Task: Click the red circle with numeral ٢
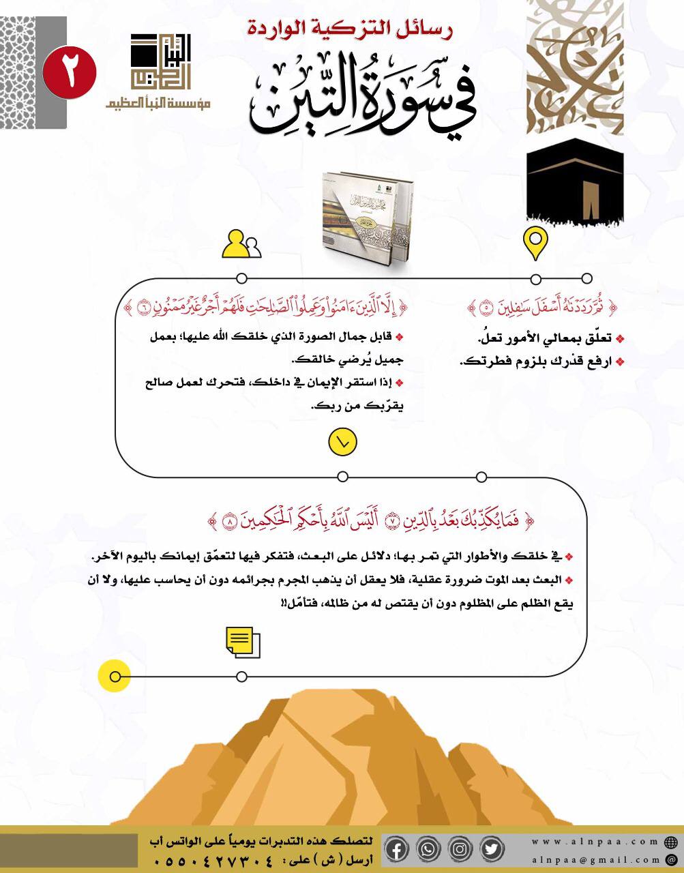(70, 72)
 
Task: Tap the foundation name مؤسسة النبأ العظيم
(158, 103)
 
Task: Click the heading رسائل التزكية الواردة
(349, 29)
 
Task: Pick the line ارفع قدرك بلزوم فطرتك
(542, 361)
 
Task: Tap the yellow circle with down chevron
(342, 442)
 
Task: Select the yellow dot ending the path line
(115, 677)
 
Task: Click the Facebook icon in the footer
(397, 849)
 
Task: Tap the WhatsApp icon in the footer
(428, 849)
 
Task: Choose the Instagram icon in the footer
(460, 849)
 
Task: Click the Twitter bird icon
(492, 849)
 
